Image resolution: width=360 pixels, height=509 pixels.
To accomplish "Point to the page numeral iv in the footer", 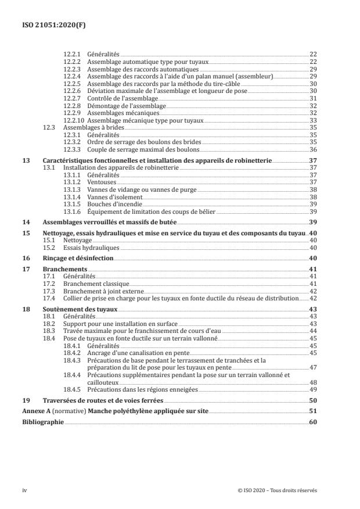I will (24, 490).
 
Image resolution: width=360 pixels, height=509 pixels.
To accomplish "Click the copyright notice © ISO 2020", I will (278, 490).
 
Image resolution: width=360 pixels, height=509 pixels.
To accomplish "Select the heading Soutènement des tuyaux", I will (80, 309).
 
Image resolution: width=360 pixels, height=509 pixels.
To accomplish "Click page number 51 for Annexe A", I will (313, 411).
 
